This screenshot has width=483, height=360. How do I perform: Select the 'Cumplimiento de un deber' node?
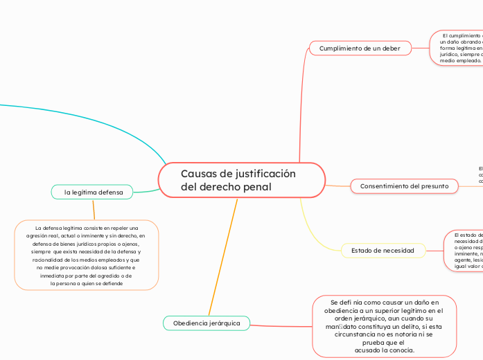(360, 48)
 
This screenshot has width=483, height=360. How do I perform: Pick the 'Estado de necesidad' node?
(383, 250)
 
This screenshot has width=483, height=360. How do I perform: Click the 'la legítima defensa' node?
(93, 192)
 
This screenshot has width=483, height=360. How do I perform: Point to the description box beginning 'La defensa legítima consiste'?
(86, 255)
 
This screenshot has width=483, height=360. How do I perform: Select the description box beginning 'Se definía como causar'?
(384, 326)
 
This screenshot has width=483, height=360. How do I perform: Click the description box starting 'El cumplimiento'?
(457, 48)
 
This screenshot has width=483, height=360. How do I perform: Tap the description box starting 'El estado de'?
(464, 250)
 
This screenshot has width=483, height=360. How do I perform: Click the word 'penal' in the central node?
(256, 188)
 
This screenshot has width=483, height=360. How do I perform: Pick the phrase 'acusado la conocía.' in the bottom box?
(385, 350)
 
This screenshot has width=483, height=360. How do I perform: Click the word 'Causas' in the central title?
(197, 173)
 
